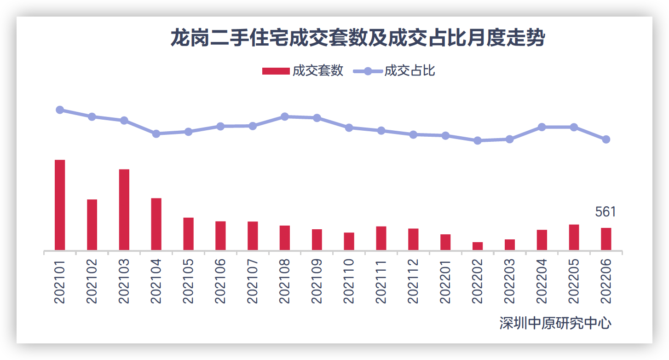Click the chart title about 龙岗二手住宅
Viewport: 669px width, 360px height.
[358, 38]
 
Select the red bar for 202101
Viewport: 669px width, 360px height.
[60, 205]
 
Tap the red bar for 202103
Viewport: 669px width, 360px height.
[124, 210]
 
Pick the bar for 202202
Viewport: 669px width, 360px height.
[478, 246]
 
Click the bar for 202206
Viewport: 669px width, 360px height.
[606, 239]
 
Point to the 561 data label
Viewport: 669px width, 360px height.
[606, 212]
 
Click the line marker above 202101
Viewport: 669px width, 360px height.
[60, 110]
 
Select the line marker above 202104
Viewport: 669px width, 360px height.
[156, 134]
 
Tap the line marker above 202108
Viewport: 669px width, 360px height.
[285, 116]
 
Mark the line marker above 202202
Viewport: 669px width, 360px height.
[478, 140]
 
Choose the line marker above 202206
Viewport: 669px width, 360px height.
[606, 139]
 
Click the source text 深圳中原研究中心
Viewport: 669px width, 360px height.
[555, 323]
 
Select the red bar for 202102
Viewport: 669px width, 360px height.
[92, 225]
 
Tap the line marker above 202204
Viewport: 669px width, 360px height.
[542, 127]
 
